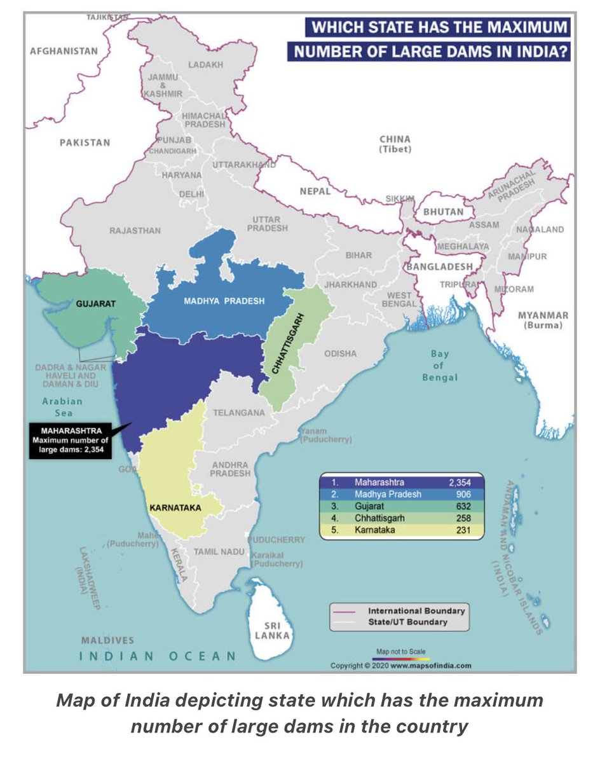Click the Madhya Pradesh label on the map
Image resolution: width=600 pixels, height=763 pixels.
click(x=224, y=301)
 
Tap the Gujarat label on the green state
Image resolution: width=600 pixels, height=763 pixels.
click(x=95, y=304)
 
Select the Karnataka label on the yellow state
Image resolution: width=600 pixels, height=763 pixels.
click(x=175, y=508)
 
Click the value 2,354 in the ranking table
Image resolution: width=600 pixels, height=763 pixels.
click(x=458, y=483)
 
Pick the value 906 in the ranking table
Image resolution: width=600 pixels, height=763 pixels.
click(x=462, y=494)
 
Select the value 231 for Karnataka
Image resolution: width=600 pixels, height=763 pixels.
click(x=462, y=530)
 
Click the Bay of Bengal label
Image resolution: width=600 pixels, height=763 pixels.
click(x=439, y=366)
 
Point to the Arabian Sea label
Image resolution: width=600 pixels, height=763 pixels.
click(x=62, y=407)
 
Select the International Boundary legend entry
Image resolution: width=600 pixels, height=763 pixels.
click(x=416, y=610)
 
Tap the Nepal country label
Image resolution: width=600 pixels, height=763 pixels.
click(x=315, y=191)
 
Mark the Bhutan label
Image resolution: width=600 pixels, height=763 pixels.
click(x=442, y=211)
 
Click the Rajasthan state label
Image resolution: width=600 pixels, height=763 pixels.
click(x=135, y=231)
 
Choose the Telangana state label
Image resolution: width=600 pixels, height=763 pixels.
click(x=238, y=413)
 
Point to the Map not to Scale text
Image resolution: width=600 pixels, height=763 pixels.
click(x=400, y=652)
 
